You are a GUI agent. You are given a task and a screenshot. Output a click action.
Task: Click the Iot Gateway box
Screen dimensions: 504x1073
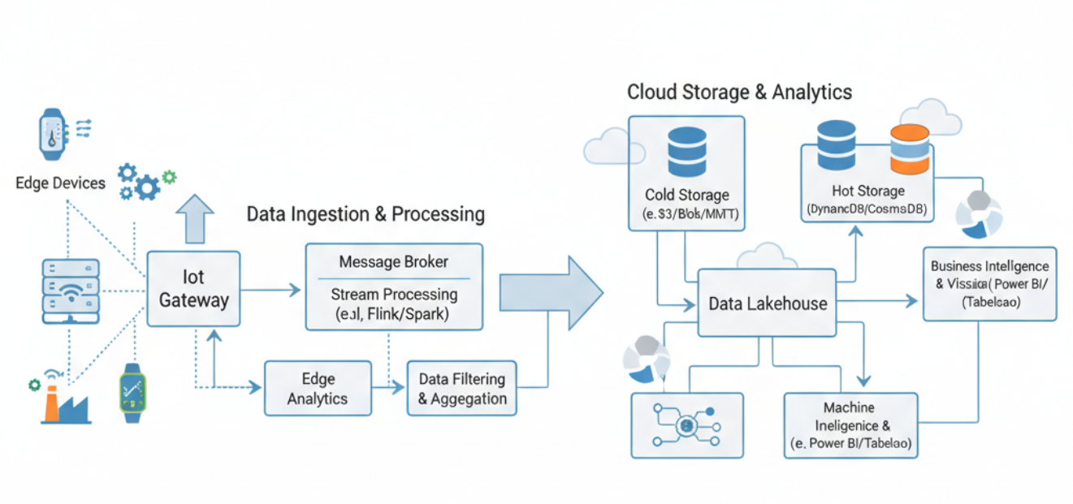[x=193, y=289]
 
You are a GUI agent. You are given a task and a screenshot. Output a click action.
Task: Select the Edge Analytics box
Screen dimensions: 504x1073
[x=318, y=389]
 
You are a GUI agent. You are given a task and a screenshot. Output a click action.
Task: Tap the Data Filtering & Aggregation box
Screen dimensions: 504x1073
[x=461, y=389]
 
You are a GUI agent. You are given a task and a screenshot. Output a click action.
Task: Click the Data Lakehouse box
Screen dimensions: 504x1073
[x=768, y=304]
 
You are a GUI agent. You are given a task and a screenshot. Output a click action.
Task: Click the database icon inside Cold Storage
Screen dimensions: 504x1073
[x=686, y=151]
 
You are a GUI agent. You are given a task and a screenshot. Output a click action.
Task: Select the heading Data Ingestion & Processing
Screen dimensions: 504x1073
[x=366, y=214]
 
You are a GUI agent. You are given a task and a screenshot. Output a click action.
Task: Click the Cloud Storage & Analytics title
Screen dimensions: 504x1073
[x=739, y=92]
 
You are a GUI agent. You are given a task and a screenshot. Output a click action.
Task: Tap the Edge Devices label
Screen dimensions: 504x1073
[x=60, y=183]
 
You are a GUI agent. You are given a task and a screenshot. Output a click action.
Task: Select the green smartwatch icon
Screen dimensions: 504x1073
[x=133, y=393]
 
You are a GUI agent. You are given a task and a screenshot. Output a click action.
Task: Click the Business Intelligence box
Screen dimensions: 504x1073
[x=989, y=284]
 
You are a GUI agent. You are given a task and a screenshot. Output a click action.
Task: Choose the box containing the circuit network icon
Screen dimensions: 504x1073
[x=686, y=425]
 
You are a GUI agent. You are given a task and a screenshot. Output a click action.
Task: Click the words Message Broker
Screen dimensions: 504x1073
[x=394, y=262]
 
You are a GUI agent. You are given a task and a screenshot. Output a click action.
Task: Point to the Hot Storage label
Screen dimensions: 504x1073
[x=867, y=191]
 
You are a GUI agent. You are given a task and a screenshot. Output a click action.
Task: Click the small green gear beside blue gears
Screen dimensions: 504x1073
[x=169, y=175]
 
